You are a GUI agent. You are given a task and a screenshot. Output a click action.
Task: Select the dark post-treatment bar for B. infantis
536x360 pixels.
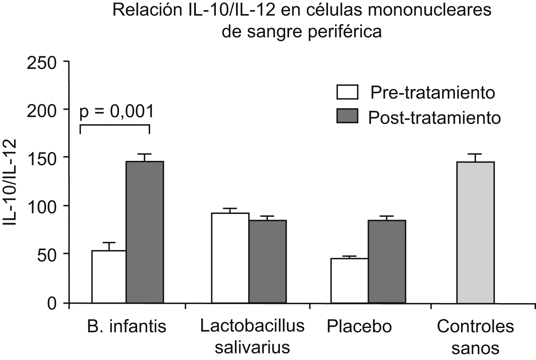pyautogui.click(x=145, y=232)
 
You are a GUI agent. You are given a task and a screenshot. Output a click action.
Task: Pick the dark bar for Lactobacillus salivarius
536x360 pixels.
pyautogui.click(x=267, y=261)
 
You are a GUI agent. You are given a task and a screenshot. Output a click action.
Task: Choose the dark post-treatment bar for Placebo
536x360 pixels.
pyautogui.click(x=387, y=261)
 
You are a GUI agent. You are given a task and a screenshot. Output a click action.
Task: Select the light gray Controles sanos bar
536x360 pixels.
pyautogui.click(x=475, y=232)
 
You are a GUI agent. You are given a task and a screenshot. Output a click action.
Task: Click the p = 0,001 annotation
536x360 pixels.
pyautogui.click(x=116, y=112)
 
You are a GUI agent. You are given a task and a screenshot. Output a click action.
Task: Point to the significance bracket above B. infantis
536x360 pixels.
pyautogui.click(x=115, y=126)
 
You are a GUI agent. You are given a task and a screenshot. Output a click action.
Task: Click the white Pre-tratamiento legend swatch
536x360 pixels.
pyautogui.click(x=347, y=92)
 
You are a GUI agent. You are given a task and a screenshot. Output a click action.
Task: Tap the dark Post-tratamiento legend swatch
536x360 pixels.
pyautogui.click(x=347, y=116)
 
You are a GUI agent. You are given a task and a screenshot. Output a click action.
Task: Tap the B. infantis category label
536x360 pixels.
pyautogui.click(x=127, y=326)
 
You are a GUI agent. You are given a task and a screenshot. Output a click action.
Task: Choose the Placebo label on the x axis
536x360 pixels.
pyautogui.click(x=359, y=326)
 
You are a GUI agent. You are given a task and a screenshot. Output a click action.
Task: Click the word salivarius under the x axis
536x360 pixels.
pyautogui.click(x=252, y=347)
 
